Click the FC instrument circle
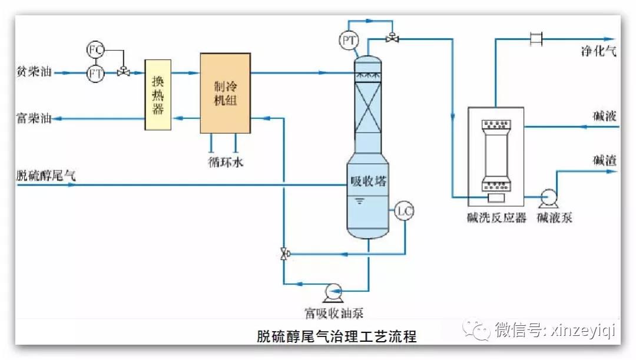point(95,50)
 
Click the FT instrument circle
point(95,74)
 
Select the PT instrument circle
point(349,40)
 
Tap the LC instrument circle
point(404,211)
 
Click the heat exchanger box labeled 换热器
point(158,94)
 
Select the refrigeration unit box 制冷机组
point(225,93)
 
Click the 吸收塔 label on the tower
point(368,181)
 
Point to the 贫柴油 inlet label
point(34,71)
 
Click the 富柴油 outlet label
point(34,118)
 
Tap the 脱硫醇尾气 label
point(46,176)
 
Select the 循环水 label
point(226,162)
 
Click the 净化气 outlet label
point(599,51)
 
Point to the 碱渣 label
point(605,160)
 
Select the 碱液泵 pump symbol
point(548,199)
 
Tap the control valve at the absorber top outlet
point(392,38)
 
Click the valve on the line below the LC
point(285,254)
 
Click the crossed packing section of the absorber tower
point(368,108)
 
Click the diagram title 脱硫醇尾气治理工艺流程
point(337,336)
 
